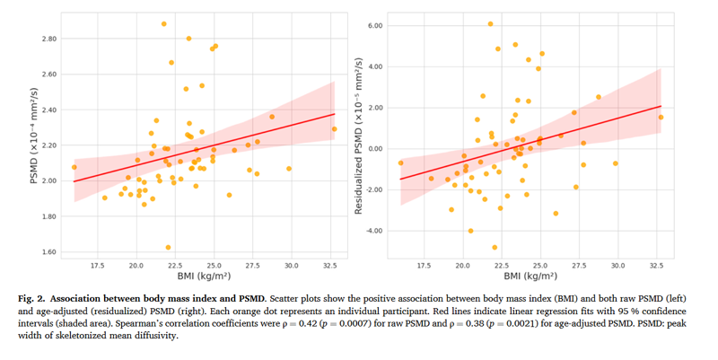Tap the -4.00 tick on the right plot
pyautogui.click(x=371, y=231)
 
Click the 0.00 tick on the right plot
pyautogui.click(x=372, y=149)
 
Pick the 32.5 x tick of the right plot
pyautogui.click(x=657, y=266)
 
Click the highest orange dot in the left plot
pyautogui.click(x=163, y=24)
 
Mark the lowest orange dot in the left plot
pyautogui.click(x=168, y=247)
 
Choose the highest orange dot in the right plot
pyautogui.click(x=490, y=24)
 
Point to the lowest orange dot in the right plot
pyautogui.click(x=495, y=247)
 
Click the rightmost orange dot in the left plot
pyautogui.click(x=334, y=129)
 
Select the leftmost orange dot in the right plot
pyautogui.click(x=401, y=162)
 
